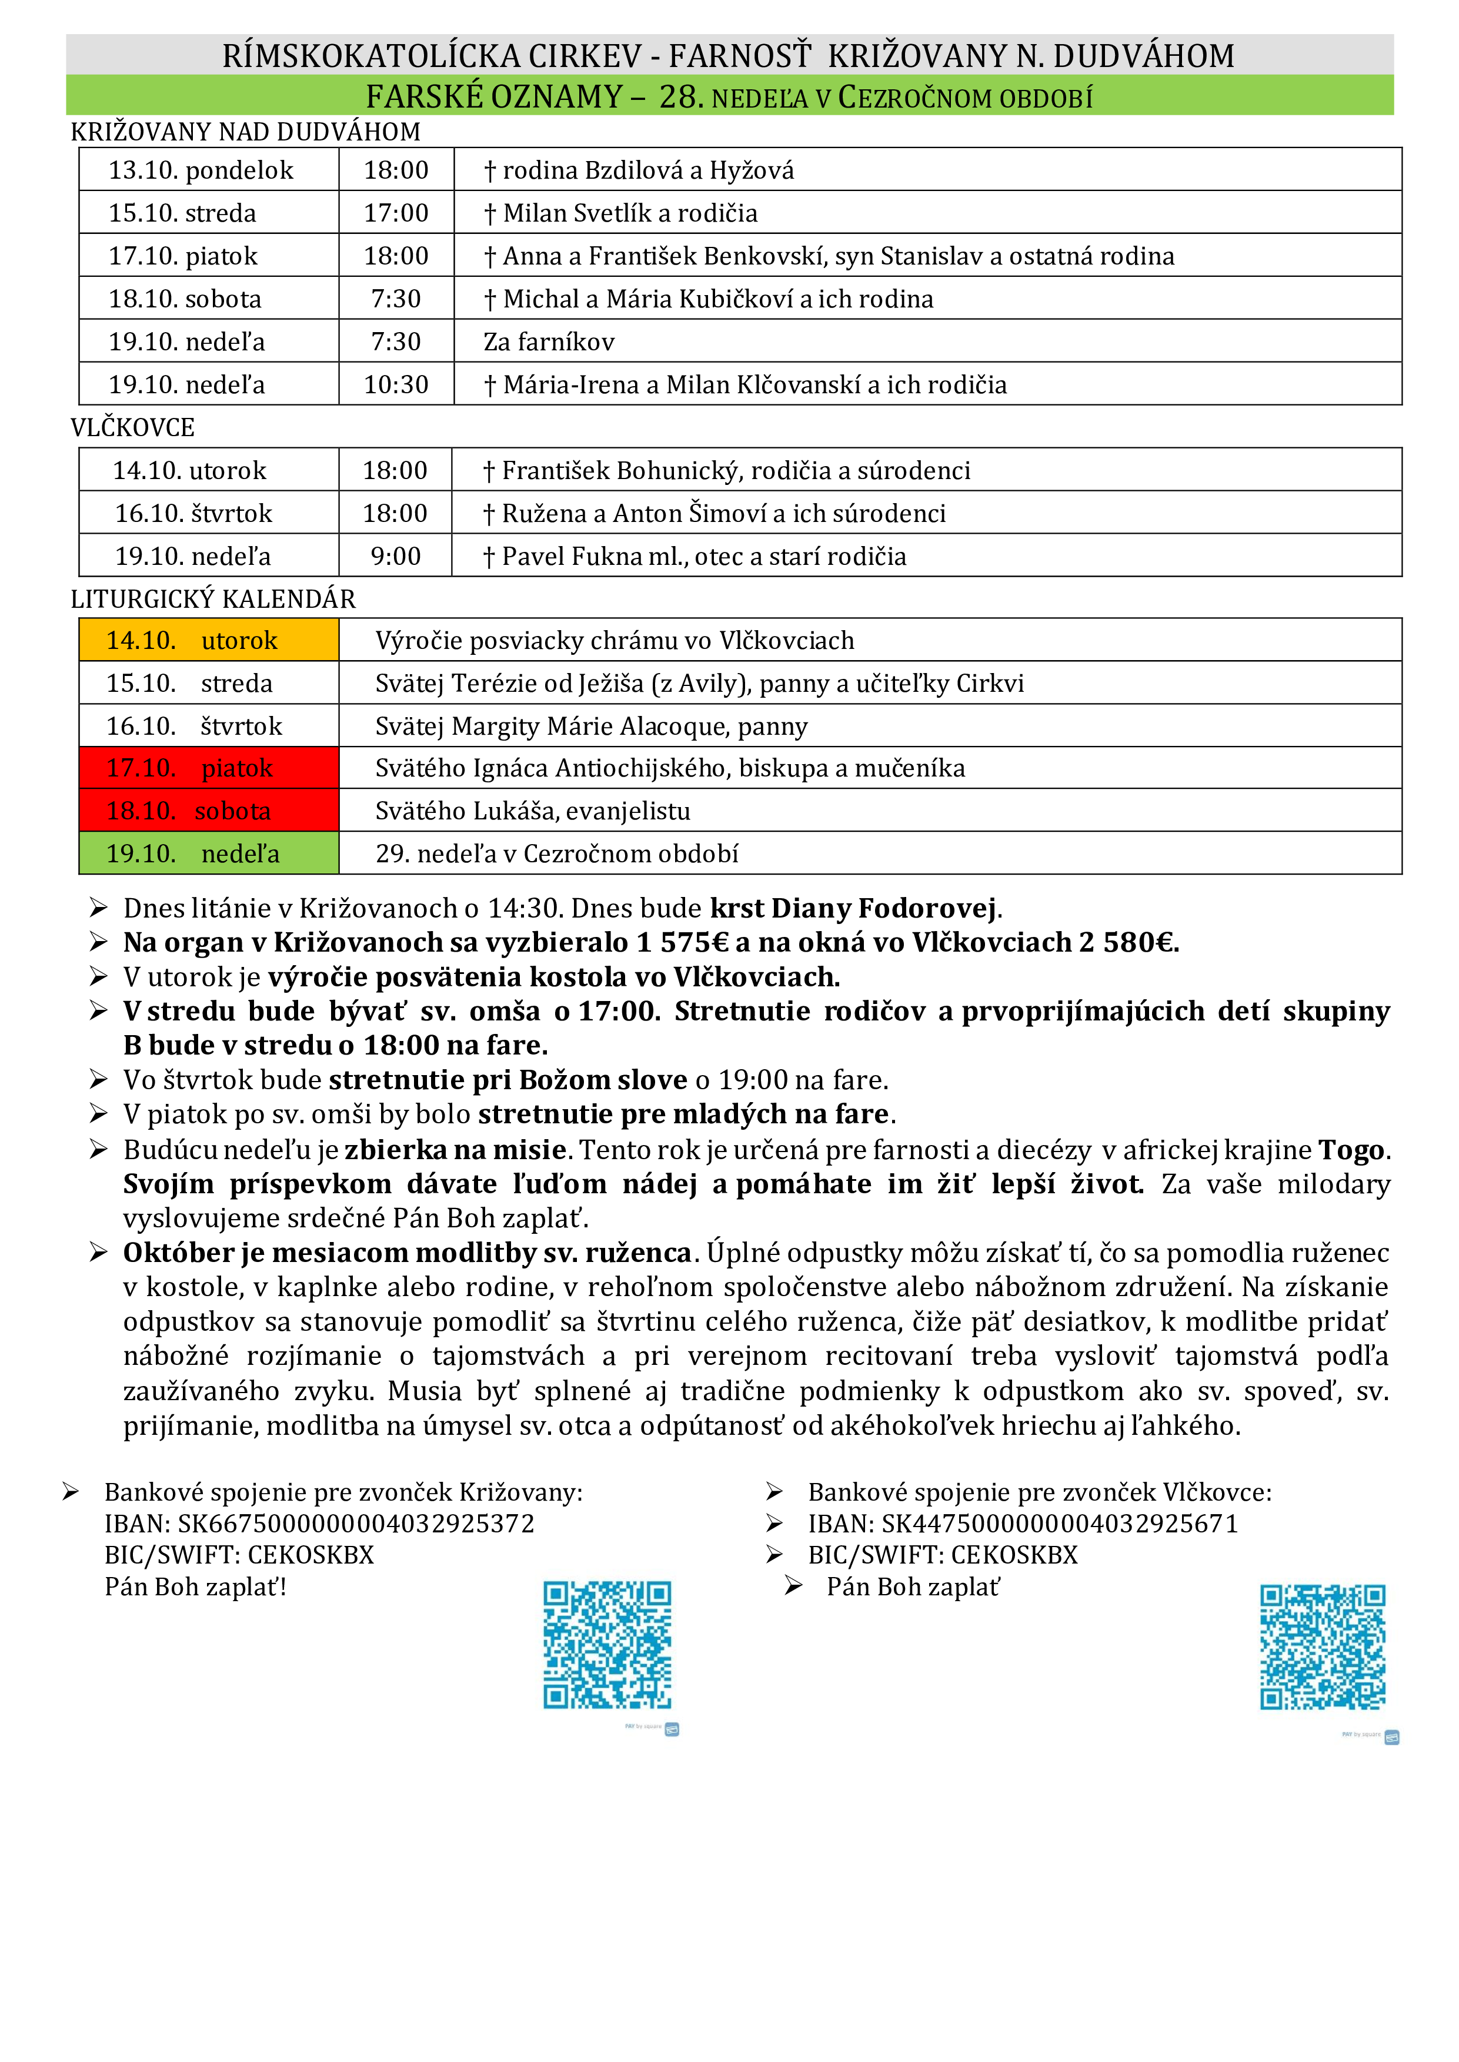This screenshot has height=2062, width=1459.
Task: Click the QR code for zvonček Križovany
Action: coord(607,1645)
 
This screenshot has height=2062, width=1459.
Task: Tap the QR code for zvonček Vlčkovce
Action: coord(1323,1646)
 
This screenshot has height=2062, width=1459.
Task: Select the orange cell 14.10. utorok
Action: coord(208,640)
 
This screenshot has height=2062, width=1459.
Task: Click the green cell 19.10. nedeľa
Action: coord(208,853)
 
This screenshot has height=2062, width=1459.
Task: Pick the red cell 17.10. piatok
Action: coord(208,768)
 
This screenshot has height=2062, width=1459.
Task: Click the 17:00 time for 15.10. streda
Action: coord(396,213)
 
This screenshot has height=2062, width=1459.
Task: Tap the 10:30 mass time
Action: coord(396,384)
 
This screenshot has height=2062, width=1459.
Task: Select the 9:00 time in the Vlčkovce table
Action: coord(396,556)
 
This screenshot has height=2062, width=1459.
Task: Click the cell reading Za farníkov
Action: coord(549,342)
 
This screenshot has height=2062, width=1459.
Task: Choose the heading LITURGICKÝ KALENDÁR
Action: coord(213,599)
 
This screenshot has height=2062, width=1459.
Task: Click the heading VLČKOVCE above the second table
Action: coord(133,427)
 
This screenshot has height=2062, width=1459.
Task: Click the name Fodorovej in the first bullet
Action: coord(927,908)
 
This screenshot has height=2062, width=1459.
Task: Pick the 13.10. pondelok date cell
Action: coord(201,170)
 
